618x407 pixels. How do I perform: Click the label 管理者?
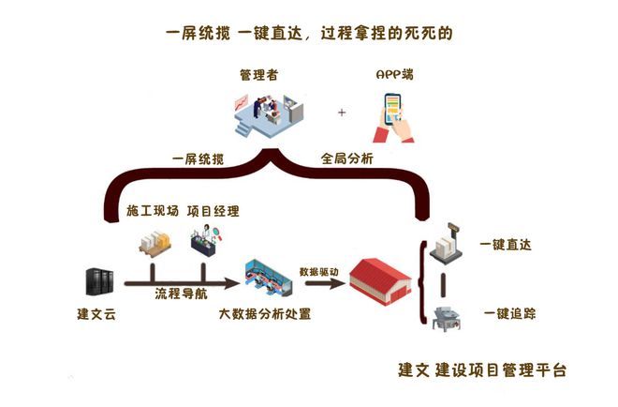tap(259, 75)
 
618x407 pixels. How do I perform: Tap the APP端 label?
tap(394, 74)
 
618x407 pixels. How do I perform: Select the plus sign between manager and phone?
tap(342, 113)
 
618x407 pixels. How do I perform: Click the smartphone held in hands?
tap(392, 109)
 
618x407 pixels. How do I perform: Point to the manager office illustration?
tap(269, 114)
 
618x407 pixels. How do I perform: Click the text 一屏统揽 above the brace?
tap(198, 159)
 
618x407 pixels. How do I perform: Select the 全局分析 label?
tap(346, 158)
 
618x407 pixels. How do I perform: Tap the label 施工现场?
tap(152, 211)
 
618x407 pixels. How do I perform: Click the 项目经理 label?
tap(213, 211)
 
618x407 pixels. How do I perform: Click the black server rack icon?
tap(99, 281)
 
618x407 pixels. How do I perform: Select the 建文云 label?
tap(96, 314)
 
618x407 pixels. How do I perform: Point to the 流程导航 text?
tap(181, 294)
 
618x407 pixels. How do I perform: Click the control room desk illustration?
tap(269, 278)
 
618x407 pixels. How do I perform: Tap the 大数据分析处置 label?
tap(265, 314)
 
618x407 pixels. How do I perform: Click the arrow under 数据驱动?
tap(325, 283)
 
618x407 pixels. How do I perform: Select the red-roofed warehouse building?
tap(381, 280)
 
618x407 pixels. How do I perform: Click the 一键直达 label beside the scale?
tap(506, 245)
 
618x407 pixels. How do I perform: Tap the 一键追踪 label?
tap(509, 314)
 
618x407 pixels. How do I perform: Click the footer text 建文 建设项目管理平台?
tap(482, 370)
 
